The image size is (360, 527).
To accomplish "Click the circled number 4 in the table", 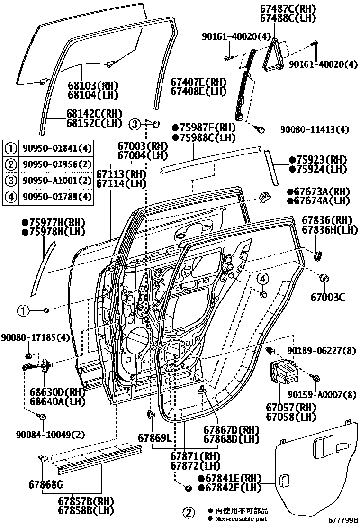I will click(10, 196).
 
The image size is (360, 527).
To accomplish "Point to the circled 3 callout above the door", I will click(135, 125).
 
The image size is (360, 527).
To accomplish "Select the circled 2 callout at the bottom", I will click(188, 512).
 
